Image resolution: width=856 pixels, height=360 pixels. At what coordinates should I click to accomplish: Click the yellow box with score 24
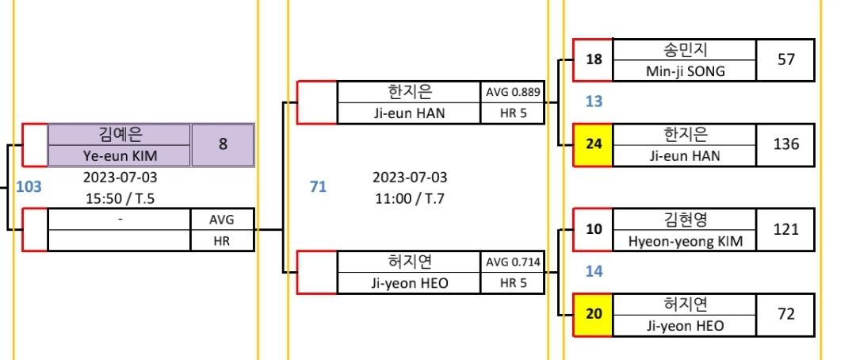point(594,145)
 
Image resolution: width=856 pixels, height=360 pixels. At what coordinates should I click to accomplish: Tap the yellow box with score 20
point(594,314)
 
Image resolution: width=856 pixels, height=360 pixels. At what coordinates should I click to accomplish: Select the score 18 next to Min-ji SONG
point(594,59)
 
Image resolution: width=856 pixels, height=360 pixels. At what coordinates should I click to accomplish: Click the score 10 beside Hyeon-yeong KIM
point(594,229)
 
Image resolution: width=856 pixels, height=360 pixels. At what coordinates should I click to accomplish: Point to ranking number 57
point(785,59)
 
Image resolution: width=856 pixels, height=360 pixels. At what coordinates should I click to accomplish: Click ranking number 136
point(785,145)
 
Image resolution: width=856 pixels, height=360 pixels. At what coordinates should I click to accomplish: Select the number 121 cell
point(785,229)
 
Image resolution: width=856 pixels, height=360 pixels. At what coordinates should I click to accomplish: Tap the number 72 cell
point(785,314)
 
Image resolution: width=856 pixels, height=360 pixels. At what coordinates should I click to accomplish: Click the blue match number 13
point(594,101)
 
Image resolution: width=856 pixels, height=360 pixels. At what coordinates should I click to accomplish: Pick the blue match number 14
point(594,271)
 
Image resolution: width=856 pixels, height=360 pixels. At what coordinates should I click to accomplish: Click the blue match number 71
point(318,187)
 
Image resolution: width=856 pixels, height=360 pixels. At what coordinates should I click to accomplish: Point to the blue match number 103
point(29,187)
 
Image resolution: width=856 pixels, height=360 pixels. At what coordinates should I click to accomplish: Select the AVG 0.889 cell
point(513,92)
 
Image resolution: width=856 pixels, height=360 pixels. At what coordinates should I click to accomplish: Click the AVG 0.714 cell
point(513,262)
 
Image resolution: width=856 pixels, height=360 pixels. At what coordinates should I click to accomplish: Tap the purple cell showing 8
point(223,145)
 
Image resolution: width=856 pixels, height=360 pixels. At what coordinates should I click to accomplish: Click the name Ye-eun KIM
point(120,155)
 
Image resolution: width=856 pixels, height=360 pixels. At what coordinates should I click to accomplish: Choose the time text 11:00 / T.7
point(410,198)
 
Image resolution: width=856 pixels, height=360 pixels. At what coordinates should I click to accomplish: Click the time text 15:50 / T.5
point(120,198)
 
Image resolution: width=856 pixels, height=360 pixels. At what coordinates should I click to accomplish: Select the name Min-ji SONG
point(684,71)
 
